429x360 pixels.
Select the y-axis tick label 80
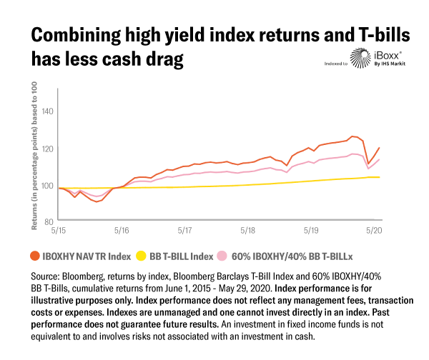point(49,223)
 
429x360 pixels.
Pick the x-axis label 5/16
point(122,232)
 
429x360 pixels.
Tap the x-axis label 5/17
point(184,232)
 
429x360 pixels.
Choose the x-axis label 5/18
point(248,232)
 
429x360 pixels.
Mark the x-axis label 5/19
point(311,232)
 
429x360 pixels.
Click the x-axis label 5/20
point(374,232)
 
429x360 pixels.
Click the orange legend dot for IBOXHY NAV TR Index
point(35,255)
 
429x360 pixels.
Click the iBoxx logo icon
point(359,60)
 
